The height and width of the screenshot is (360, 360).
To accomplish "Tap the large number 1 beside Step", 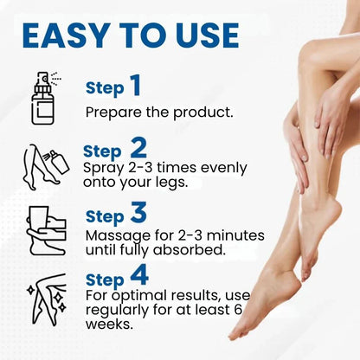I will (135, 85).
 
